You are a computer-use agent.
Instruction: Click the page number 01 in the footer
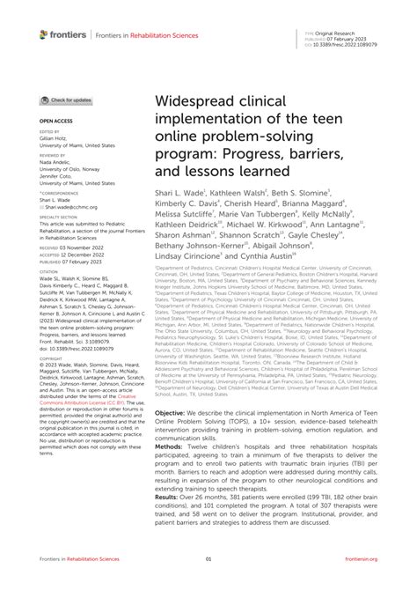point(208,557)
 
